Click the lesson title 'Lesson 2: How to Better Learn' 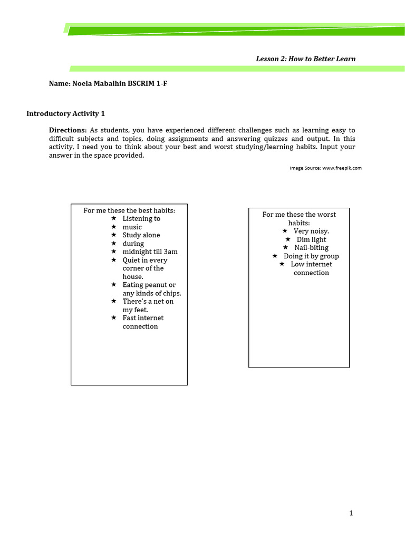pyautogui.click(x=305, y=59)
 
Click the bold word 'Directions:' pyautogui.click(x=67, y=130)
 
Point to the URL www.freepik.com pyautogui.click(x=342, y=168)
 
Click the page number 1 pyautogui.click(x=351, y=513)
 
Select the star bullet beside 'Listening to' pyautogui.click(x=113, y=218)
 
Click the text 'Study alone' pyautogui.click(x=141, y=235)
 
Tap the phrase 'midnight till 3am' pyautogui.click(x=150, y=252)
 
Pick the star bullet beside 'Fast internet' pyautogui.click(x=113, y=318)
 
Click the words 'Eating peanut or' pyautogui.click(x=149, y=285)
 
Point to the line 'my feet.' pyautogui.click(x=135, y=310)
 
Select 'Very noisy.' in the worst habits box pyautogui.click(x=311, y=231)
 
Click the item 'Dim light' pyautogui.click(x=311, y=239)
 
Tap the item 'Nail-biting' pyautogui.click(x=311, y=247)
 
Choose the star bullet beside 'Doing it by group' pyautogui.click(x=275, y=256)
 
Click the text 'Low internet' pyautogui.click(x=311, y=264)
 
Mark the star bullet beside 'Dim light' pyautogui.click(x=287, y=239)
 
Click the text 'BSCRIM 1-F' pyautogui.click(x=147, y=83)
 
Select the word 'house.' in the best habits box pyautogui.click(x=133, y=276)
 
